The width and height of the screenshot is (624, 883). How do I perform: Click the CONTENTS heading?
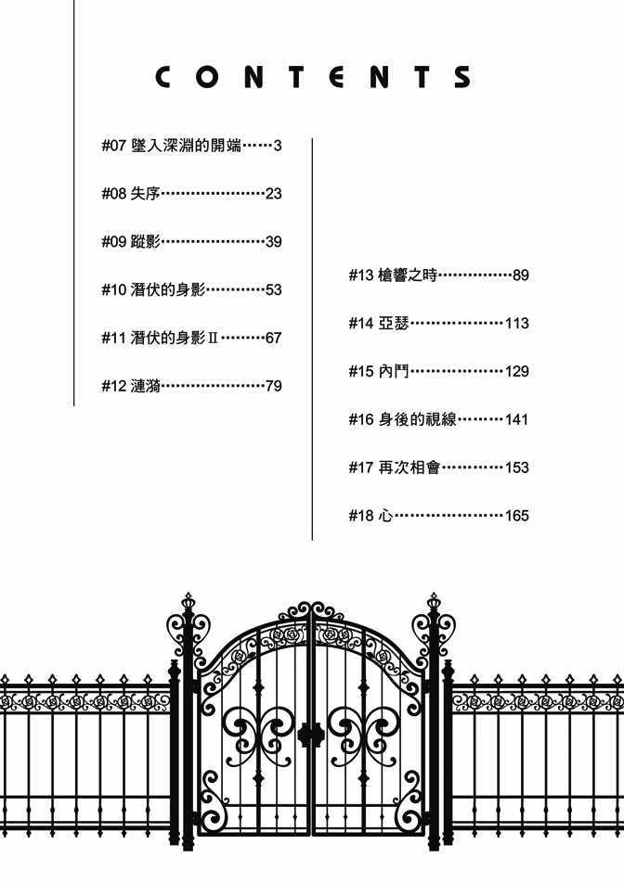(313, 77)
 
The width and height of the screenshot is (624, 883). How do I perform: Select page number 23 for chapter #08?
(273, 194)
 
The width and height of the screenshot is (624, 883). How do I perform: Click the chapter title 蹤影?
(146, 241)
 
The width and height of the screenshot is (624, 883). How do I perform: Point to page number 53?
(273, 290)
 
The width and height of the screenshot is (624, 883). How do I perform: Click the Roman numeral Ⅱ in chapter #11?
(213, 338)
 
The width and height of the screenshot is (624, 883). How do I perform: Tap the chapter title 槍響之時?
(408, 275)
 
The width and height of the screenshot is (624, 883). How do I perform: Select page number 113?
(517, 323)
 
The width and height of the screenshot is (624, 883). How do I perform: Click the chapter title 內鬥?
(393, 371)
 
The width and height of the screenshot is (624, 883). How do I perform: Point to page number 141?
(517, 419)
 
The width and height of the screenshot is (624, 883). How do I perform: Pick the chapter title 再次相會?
(409, 467)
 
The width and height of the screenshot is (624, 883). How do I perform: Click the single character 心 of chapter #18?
(385, 516)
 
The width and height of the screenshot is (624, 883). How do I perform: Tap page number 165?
(517, 516)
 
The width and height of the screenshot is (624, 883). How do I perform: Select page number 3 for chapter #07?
(278, 146)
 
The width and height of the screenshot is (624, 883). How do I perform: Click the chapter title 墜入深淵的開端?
(186, 146)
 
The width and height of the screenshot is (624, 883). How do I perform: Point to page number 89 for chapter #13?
(521, 275)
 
